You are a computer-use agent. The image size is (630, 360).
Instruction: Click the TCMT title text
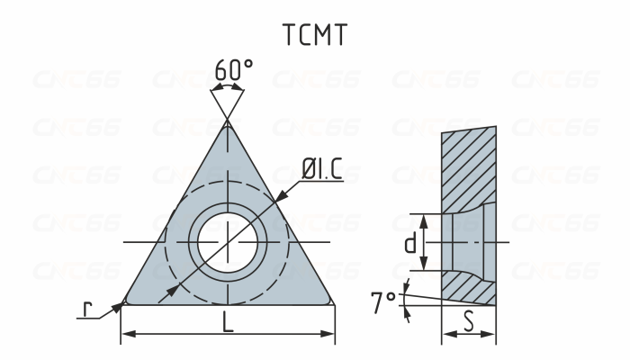pos(314,33)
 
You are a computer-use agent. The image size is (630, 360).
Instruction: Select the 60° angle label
pos(233,69)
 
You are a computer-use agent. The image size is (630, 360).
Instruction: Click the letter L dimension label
pos(228,322)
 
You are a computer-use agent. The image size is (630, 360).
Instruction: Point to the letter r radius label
pos(87,309)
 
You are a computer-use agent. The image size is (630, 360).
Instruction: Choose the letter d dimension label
pos(409,243)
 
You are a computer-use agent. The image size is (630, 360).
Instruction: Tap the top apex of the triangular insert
pos(228,123)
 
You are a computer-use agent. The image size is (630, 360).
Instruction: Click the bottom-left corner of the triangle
pos(123,302)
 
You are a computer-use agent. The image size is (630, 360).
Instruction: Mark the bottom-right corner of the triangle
pos(333,302)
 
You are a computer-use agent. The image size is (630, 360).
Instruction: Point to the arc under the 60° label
pos(228,88)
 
